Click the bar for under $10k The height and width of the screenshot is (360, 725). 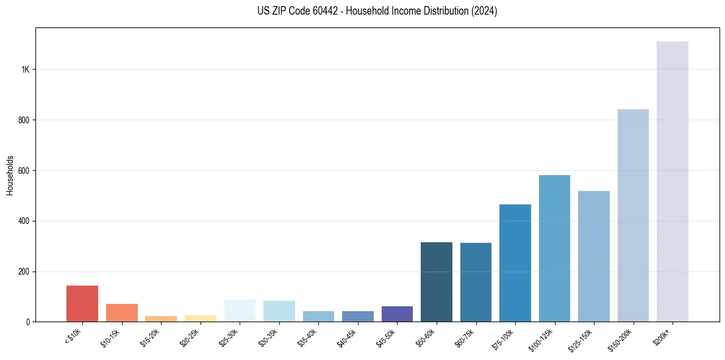click(82, 304)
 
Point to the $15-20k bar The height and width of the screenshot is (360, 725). click(161, 319)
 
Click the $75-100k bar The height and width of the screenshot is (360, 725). click(515, 263)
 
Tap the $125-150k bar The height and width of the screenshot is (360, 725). click(594, 256)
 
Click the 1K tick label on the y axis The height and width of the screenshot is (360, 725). click(25, 70)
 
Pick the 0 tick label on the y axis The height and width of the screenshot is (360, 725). click(28, 322)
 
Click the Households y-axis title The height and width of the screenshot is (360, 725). click(10, 175)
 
